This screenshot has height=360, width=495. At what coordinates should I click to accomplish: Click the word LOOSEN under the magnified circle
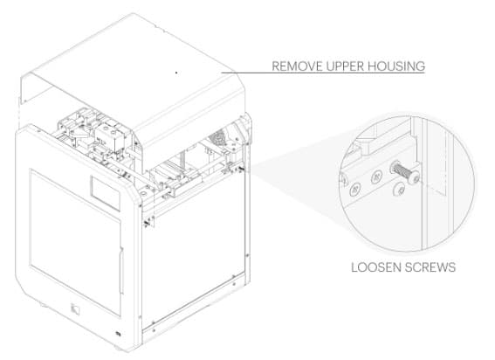(x=375, y=267)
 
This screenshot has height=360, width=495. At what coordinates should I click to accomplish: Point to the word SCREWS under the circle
(x=430, y=267)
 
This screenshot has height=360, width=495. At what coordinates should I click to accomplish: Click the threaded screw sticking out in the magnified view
(x=405, y=172)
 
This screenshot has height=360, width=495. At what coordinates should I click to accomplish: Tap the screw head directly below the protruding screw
(x=401, y=190)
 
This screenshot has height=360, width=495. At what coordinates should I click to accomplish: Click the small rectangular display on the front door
(x=106, y=193)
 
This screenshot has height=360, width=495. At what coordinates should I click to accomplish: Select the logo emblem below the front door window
(x=75, y=309)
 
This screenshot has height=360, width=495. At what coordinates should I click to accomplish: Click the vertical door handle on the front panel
(x=120, y=271)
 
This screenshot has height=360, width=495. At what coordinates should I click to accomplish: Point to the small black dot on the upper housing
(x=176, y=73)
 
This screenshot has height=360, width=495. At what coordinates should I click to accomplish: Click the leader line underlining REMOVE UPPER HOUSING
(x=323, y=73)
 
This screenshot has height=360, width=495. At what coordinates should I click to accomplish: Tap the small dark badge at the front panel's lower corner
(x=119, y=333)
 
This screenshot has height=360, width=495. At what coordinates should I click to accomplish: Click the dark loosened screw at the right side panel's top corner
(x=242, y=169)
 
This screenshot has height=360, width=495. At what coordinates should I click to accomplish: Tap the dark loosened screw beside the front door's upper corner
(x=146, y=224)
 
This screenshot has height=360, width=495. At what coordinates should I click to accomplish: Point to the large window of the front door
(x=75, y=242)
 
